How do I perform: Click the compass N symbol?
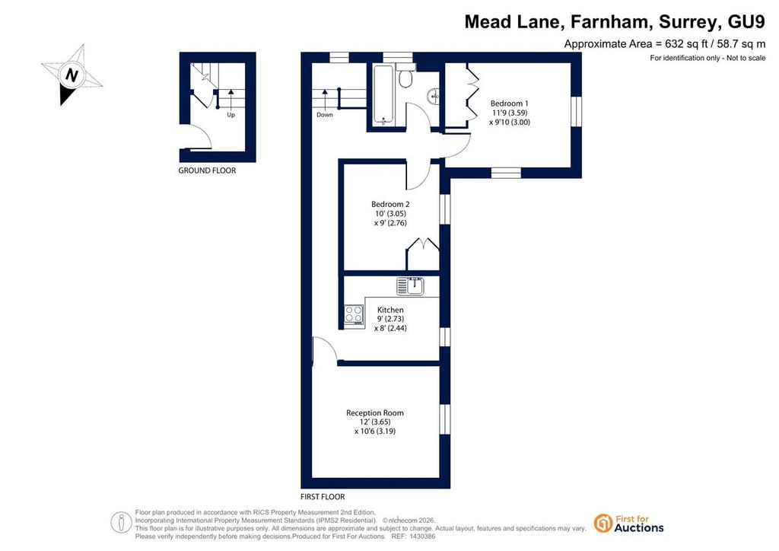(72, 75)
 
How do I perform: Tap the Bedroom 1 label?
(509, 104)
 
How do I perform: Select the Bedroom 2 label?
(390, 204)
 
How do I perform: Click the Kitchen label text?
(390, 310)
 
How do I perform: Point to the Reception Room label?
(375, 413)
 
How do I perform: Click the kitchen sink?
(410, 286)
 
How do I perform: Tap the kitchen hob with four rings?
(355, 314)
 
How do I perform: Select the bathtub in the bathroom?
(383, 95)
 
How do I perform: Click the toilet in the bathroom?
(406, 75)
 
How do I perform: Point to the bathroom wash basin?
(434, 96)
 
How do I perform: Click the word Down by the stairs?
(325, 115)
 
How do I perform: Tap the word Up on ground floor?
(231, 115)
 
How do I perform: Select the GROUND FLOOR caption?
(207, 170)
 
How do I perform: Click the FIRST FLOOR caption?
(323, 497)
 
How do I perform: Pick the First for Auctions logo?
(629, 524)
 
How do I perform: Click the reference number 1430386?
(421, 537)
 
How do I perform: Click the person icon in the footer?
(121, 523)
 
